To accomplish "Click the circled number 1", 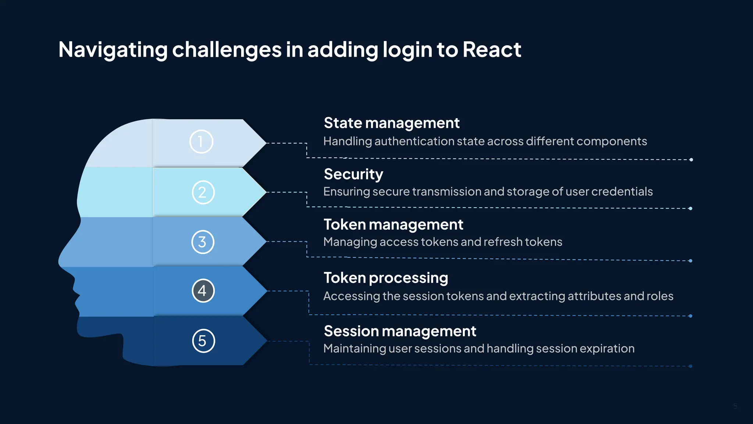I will (201, 142).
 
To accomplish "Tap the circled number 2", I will (203, 192).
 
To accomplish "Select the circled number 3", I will (203, 242).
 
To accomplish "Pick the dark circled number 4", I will (203, 291).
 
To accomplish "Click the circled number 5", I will (203, 341).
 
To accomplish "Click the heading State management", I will (391, 123).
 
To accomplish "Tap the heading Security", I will (353, 174).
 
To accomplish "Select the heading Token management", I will (393, 225).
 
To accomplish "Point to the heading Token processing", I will (385, 278).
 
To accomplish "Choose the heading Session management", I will (400, 331).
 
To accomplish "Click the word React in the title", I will (492, 49).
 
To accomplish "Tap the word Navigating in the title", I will (113, 49).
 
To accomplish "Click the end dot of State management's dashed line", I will (691, 160).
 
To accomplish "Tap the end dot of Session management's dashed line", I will (690, 366).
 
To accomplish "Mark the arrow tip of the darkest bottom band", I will (267, 341).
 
